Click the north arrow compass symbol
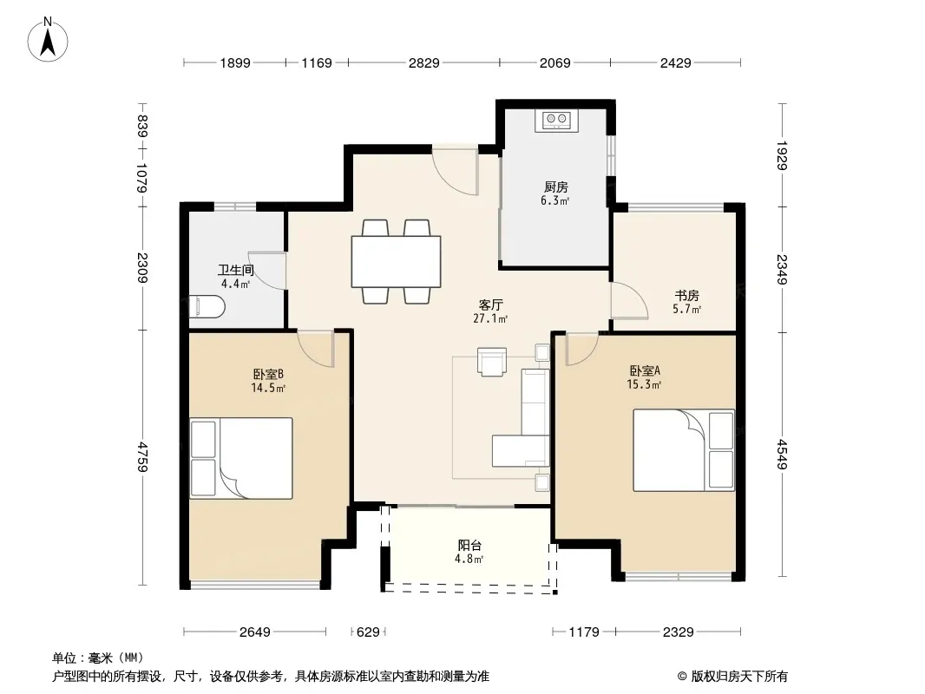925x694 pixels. coord(48,39)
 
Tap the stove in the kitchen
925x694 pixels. coord(557,121)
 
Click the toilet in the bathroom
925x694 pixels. coord(207,306)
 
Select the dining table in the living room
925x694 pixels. coord(396,261)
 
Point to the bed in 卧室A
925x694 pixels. coord(684,450)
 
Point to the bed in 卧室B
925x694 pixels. coord(241,458)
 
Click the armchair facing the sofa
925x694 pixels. coord(492,362)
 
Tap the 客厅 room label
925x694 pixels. coord(490,304)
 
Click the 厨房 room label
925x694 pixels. coord(555,187)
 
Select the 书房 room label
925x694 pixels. coord(686,296)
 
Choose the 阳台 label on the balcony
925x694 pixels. coord(469,546)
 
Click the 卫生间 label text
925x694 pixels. coord(236,270)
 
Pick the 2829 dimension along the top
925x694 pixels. coord(424,62)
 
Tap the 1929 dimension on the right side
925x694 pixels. coord(782,155)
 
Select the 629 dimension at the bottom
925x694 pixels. coord(368,632)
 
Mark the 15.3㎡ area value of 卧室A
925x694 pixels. coord(644,384)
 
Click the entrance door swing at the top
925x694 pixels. coord(456,172)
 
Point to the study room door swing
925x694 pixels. coord(629,301)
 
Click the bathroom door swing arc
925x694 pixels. coord(267,271)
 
